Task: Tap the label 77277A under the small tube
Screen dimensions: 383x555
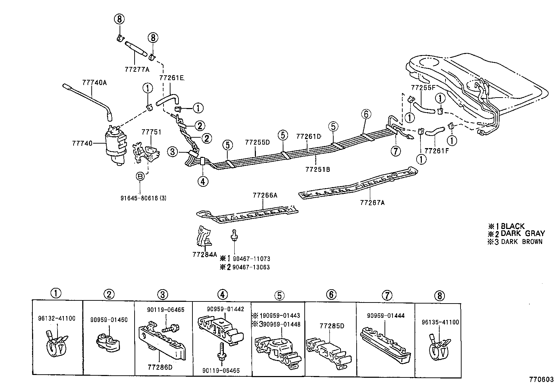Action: [x=137, y=69]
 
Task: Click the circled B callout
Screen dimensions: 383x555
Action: [x=140, y=177]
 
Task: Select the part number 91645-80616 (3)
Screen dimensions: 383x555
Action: [x=143, y=198]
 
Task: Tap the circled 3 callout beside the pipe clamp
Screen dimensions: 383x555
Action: [x=172, y=152]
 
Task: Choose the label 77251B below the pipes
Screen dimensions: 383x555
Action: [x=318, y=169]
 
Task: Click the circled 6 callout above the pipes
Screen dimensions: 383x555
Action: [x=366, y=114]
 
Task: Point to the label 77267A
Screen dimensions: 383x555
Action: [x=372, y=202]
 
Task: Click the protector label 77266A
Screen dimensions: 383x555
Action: [x=265, y=196]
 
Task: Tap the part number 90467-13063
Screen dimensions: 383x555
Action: [x=251, y=267]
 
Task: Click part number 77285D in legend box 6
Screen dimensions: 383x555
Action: [x=332, y=326]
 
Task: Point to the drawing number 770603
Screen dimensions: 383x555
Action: [x=542, y=379]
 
